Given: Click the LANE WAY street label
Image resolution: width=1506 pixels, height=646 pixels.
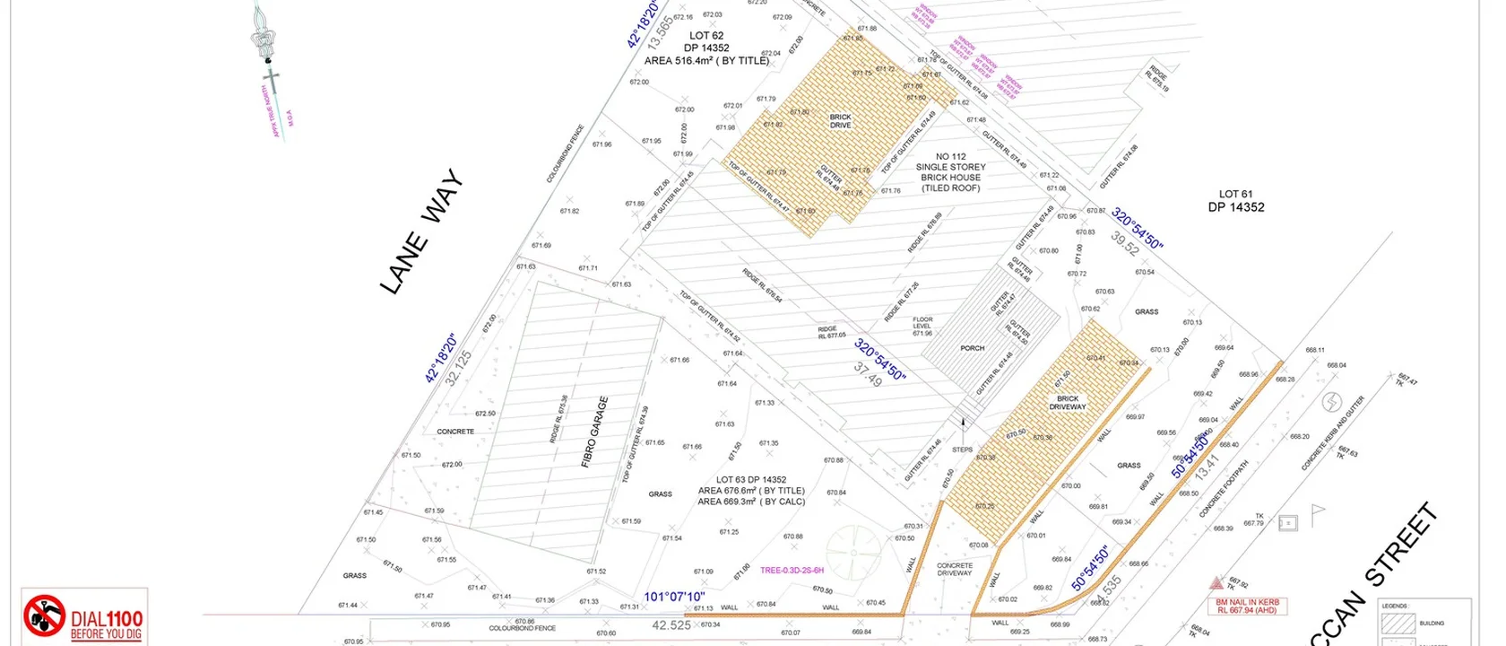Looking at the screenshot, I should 421,231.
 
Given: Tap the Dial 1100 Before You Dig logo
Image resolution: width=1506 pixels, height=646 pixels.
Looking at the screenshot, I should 84,617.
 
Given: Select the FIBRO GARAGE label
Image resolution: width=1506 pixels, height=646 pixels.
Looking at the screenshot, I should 594,432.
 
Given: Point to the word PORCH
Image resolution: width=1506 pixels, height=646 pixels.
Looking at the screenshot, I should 972,348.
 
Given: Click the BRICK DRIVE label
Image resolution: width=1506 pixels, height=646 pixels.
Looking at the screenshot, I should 840,121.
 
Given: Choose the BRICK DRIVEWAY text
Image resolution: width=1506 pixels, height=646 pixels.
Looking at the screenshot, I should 1067,403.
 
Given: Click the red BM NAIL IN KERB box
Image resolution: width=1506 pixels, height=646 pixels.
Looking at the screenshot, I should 1247,606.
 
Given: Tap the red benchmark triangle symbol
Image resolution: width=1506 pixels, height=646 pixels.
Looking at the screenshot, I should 1216,582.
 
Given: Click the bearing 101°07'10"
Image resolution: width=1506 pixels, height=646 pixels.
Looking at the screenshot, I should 674,597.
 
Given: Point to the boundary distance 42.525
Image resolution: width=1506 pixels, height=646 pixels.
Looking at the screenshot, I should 671,625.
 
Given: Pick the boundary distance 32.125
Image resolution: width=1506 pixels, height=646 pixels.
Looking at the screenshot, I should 459,368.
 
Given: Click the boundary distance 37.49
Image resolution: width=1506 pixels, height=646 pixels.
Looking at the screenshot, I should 868,375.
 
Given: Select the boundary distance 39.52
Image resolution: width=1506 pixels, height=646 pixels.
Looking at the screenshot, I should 1124,243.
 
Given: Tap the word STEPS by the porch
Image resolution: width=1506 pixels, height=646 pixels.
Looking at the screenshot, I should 962,450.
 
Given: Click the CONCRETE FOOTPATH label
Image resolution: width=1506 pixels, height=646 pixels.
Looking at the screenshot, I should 1224,489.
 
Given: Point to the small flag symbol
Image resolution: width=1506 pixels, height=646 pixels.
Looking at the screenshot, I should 1317,513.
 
